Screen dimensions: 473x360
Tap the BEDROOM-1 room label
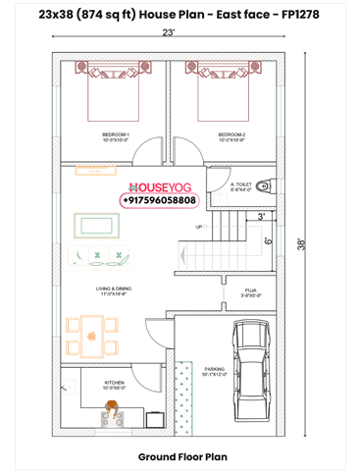[116, 135]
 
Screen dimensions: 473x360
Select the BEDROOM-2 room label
[231, 135]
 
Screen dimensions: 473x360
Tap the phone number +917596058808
[159, 200]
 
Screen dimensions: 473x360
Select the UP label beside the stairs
[199, 227]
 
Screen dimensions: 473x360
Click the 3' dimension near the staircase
[261, 215]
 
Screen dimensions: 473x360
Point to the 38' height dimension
[303, 242]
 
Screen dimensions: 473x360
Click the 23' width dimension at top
[169, 34]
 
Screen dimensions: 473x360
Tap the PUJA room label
[250, 290]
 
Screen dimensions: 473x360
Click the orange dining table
[91, 336]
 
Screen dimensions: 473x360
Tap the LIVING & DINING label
[114, 289]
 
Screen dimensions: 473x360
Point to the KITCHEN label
[115, 384]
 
